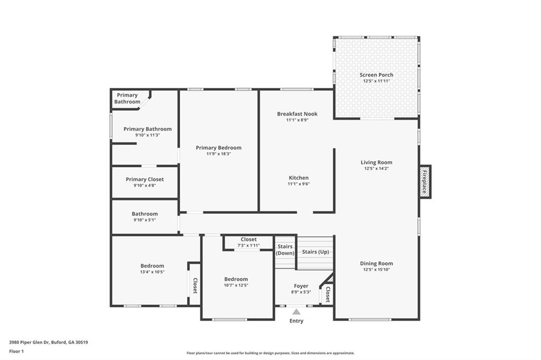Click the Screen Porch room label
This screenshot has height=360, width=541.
click(x=376, y=75)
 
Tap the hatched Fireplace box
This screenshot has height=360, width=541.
click(x=425, y=182)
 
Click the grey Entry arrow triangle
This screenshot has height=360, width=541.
click(x=296, y=312)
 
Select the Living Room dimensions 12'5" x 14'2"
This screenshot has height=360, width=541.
click(x=376, y=168)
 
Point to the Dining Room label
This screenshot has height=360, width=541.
click(x=376, y=263)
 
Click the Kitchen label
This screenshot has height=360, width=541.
click(x=299, y=178)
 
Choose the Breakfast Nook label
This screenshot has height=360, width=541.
click(x=297, y=114)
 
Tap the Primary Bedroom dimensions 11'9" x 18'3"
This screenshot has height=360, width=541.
click(x=219, y=154)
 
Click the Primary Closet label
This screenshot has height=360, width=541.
click(x=145, y=179)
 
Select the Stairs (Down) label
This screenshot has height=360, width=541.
click(x=285, y=250)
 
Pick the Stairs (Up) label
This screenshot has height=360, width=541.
click(x=315, y=252)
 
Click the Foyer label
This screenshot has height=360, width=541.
click(x=301, y=286)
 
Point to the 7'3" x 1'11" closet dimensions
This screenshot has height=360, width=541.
click(x=248, y=245)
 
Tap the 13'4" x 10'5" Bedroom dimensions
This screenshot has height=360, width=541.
click(x=152, y=272)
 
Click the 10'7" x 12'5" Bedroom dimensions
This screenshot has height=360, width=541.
click(x=236, y=285)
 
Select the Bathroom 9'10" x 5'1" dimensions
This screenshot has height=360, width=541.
click(x=145, y=220)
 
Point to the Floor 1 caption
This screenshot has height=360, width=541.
click(x=16, y=352)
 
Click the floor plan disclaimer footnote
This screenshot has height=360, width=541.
click(x=270, y=353)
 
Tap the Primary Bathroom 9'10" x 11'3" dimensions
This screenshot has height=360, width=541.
click(x=147, y=135)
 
